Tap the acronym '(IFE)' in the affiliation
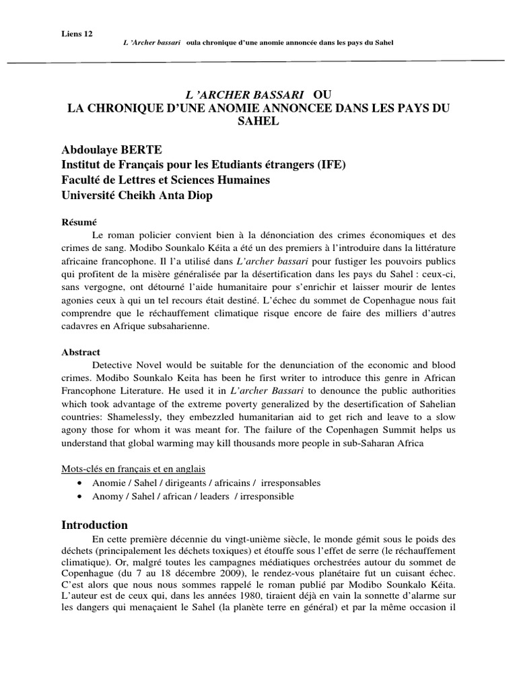330,166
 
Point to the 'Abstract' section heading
81,352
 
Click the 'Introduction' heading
94,525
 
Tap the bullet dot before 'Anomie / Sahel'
81,483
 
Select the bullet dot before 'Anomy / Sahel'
81,497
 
